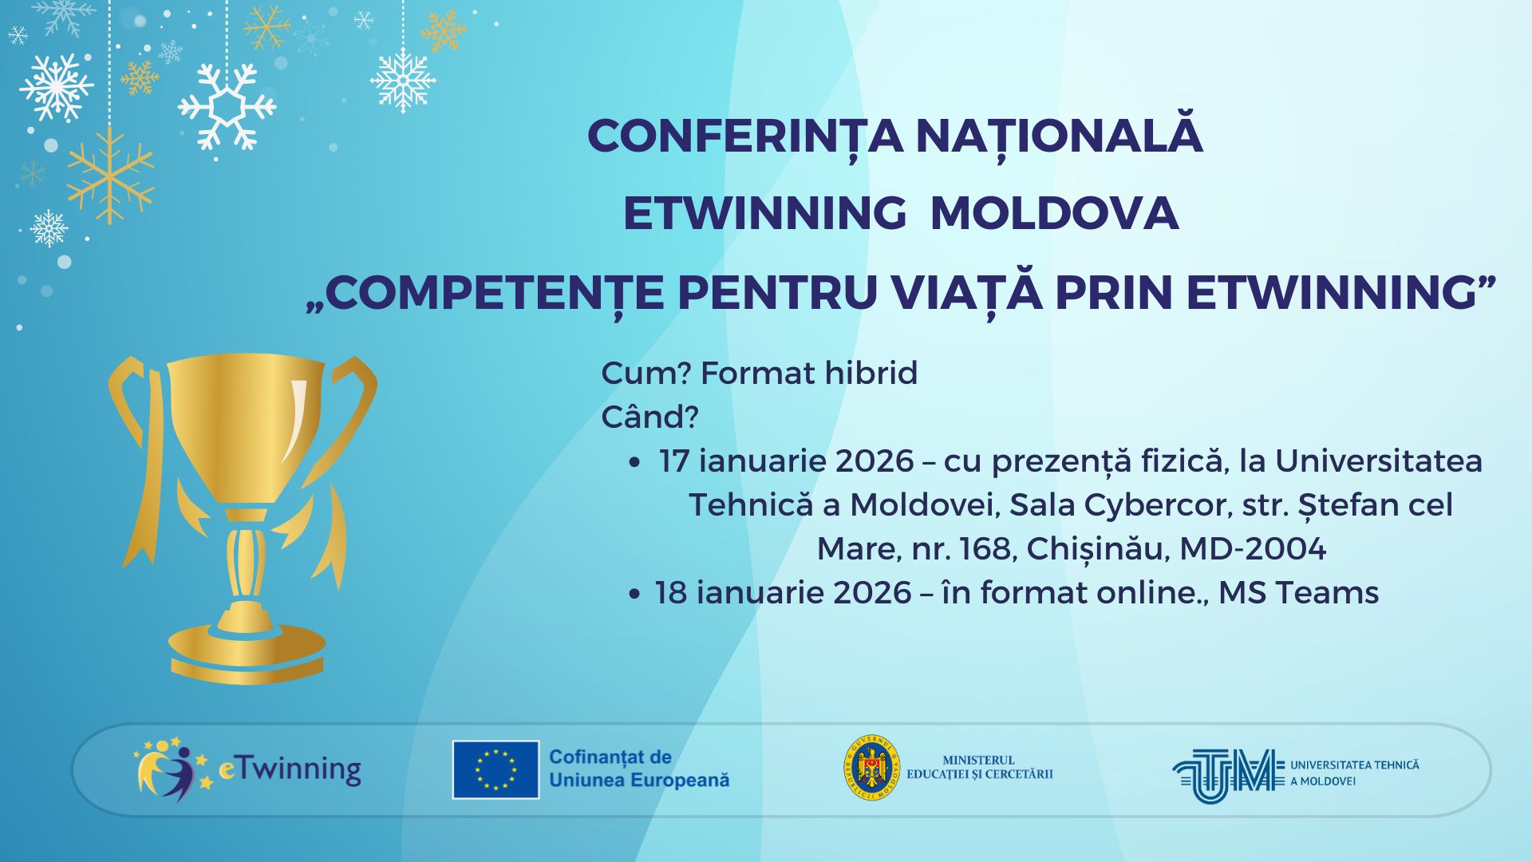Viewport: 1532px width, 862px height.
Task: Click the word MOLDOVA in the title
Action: (1054, 214)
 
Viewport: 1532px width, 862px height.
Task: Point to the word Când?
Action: (650, 417)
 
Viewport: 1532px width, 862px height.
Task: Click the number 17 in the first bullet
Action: (674, 461)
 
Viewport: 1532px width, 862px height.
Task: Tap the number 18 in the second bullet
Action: (672, 593)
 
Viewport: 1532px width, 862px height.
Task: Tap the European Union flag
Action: (496, 769)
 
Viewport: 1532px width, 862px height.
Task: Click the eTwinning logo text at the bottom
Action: (290, 769)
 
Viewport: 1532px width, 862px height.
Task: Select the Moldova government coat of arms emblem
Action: (872, 768)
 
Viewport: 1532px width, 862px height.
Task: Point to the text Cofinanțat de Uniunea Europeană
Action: (639, 769)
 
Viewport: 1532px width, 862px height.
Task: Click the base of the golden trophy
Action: (247, 651)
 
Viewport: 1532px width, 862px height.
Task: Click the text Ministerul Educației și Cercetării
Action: (980, 768)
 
